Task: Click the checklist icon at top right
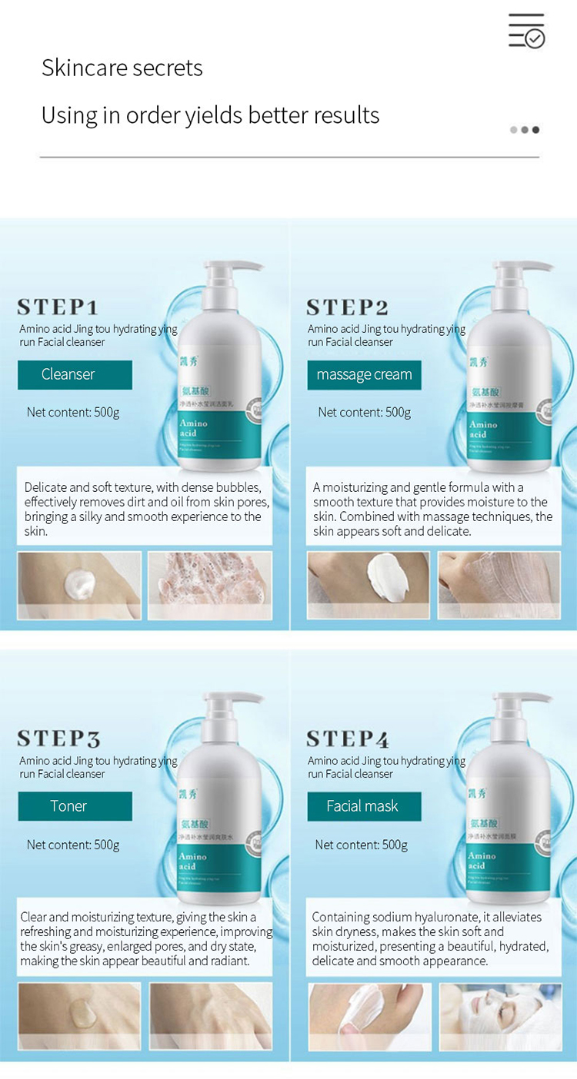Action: pos(527,31)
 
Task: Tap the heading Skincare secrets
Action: pos(122,68)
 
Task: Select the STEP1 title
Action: pos(58,307)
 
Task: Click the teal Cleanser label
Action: pos(75,374)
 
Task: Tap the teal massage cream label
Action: pos(364,374)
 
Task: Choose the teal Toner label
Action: pos(75,806)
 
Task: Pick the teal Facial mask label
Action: pos(364,806)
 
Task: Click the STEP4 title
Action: pos(348,739)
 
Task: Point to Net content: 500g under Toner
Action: pos(73,845)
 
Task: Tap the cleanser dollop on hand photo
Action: pos(78,585)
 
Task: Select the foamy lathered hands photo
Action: pos(209,585)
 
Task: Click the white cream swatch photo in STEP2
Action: pos(368,585)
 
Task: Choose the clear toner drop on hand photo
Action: pos(78,1017)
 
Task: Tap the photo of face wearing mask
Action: pos(500,1017)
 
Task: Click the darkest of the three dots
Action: pos(536,130)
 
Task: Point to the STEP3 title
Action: pos(58,739)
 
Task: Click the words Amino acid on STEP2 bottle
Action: pos(483,429)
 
